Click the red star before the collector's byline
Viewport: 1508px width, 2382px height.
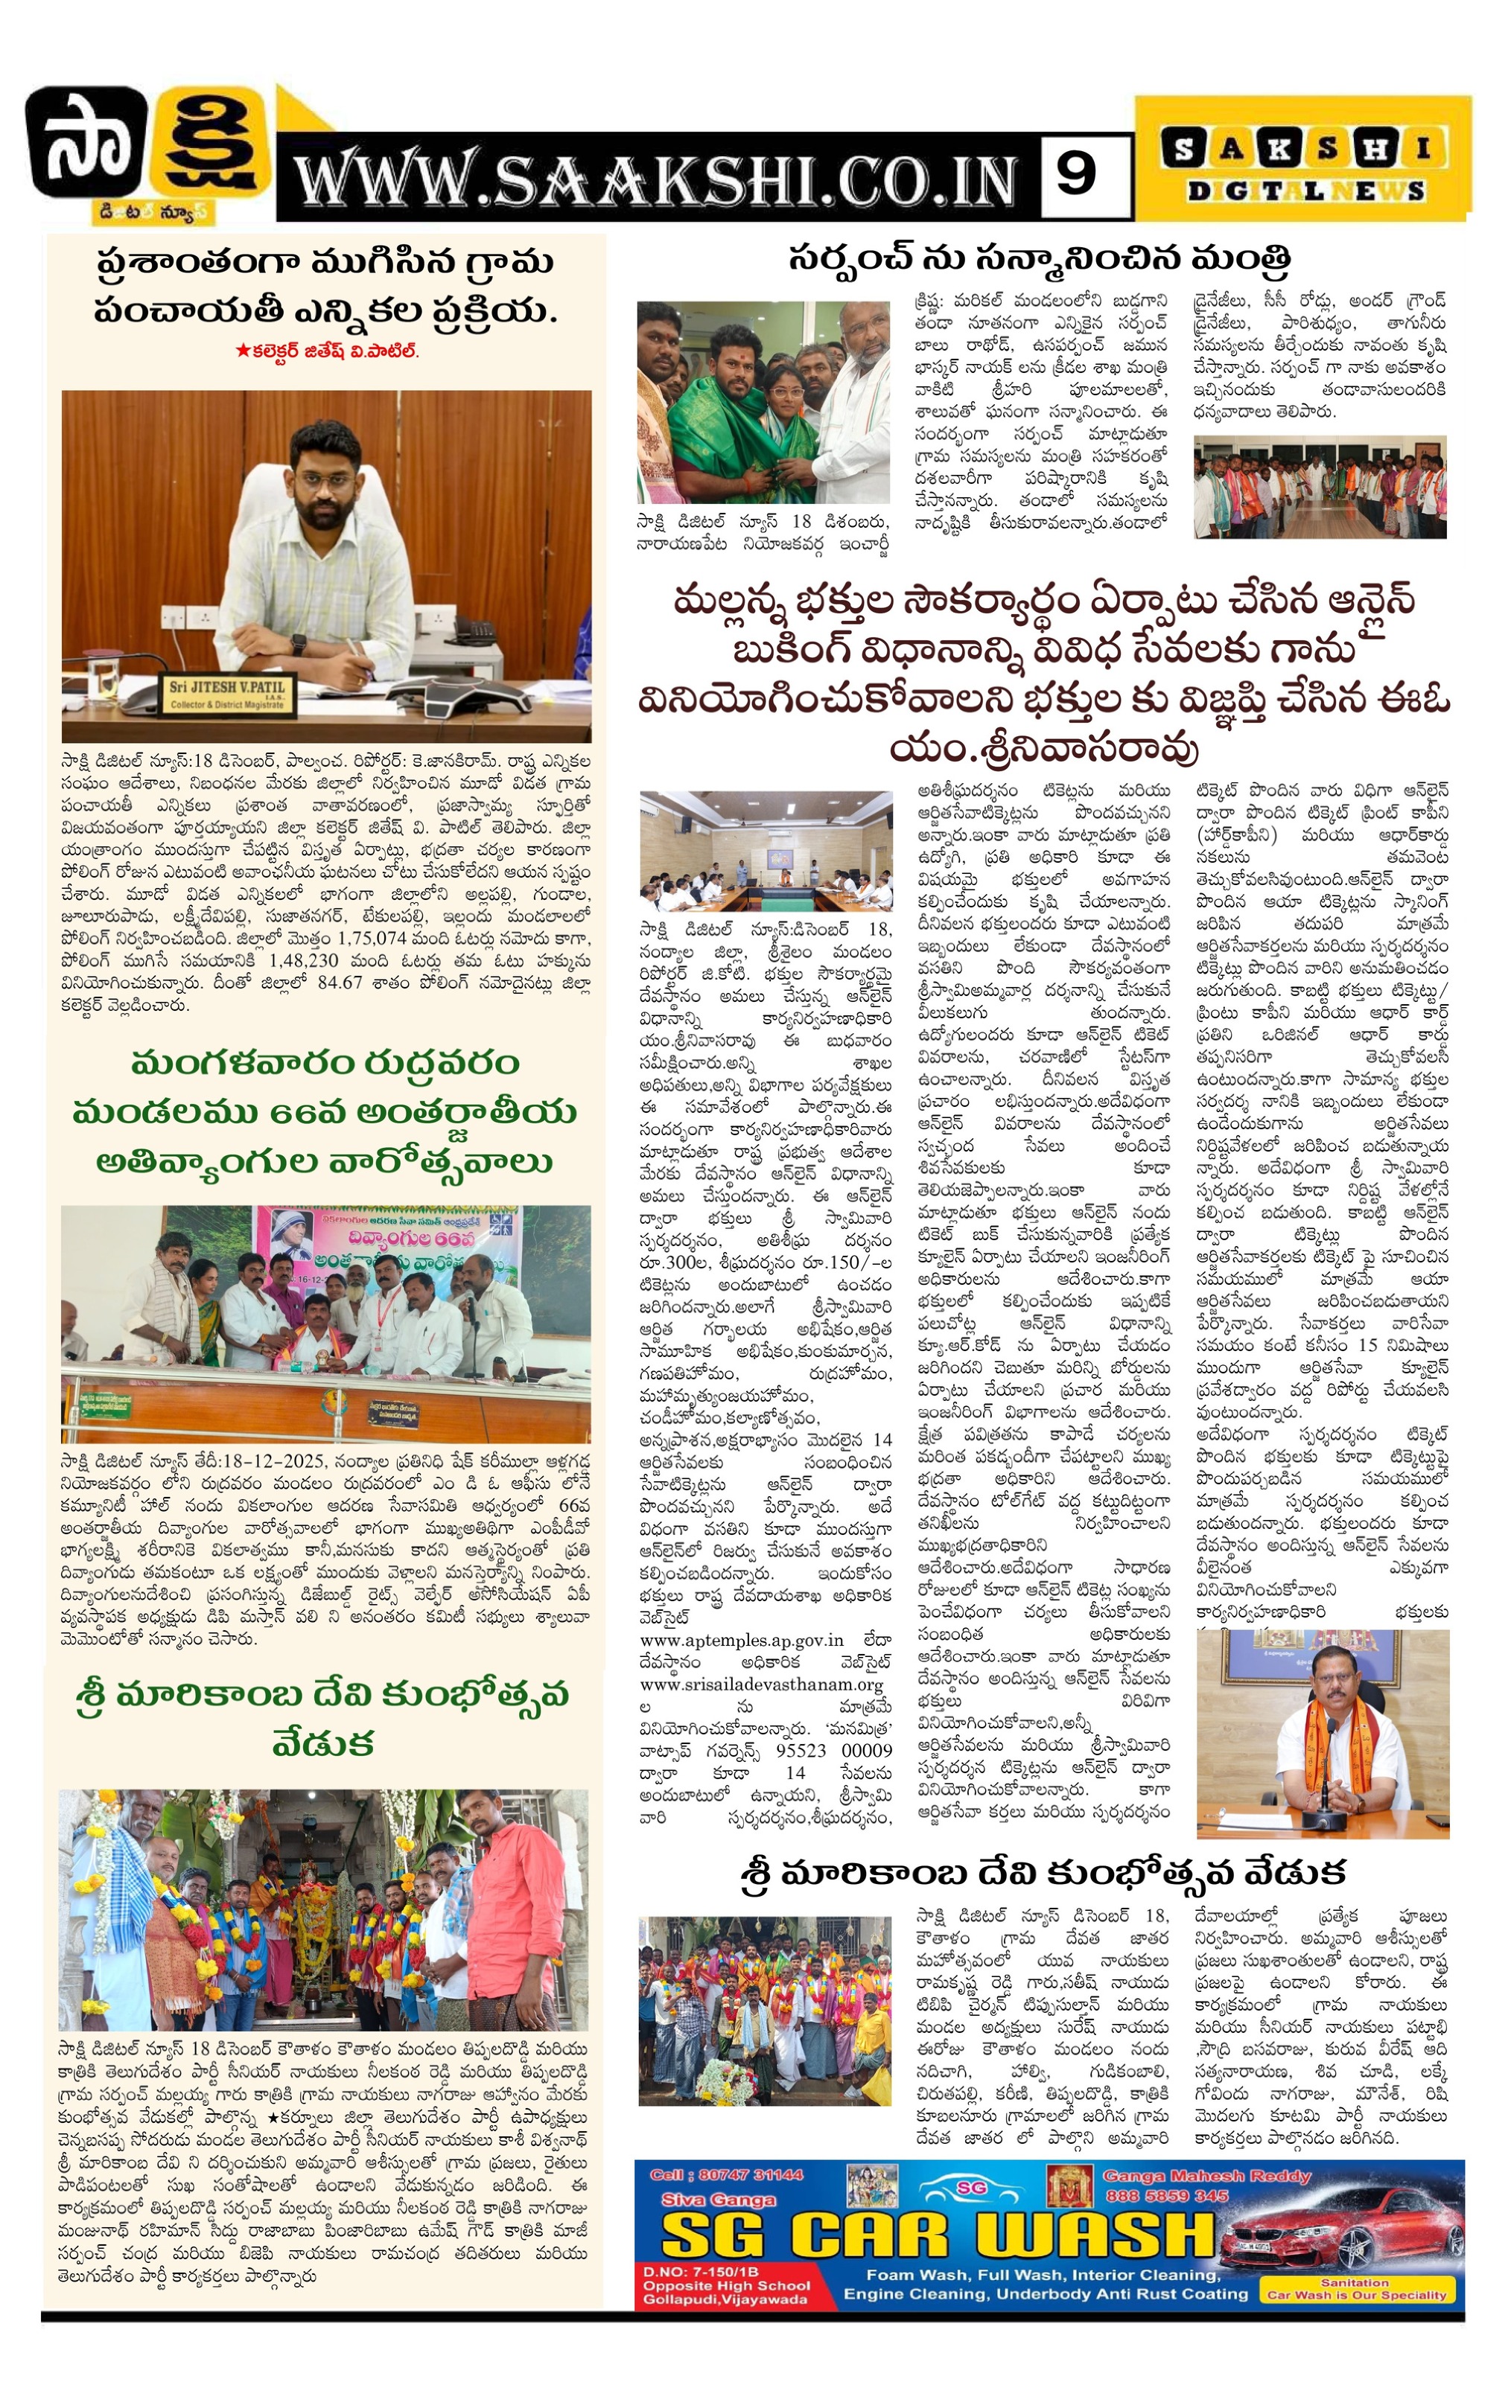click(x=241, y=350)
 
